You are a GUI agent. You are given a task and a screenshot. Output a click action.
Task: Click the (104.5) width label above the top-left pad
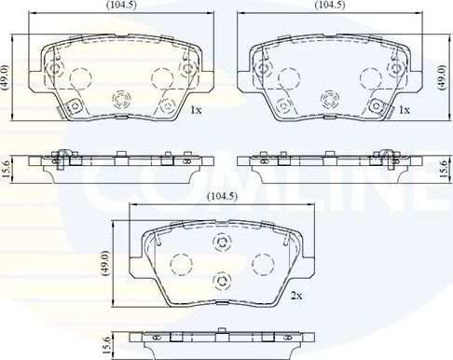pos(116,6)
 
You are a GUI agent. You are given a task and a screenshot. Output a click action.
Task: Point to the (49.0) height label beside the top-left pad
pos(7,76)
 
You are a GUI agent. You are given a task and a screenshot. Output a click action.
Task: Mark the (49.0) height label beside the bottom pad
pos(106,263)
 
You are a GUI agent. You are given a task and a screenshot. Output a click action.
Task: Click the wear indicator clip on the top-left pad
pos(65,110)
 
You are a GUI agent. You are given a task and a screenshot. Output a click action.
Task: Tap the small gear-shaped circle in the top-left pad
pos(121,98)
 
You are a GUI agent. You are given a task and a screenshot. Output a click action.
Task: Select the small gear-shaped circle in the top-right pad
pos(329,98)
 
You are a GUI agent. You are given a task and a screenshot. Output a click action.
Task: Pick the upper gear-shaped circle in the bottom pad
pos(222,242)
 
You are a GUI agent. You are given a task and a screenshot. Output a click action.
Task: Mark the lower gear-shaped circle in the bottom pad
pos(222,282)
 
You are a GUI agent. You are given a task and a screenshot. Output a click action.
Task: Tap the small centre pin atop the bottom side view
pos(223,331)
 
